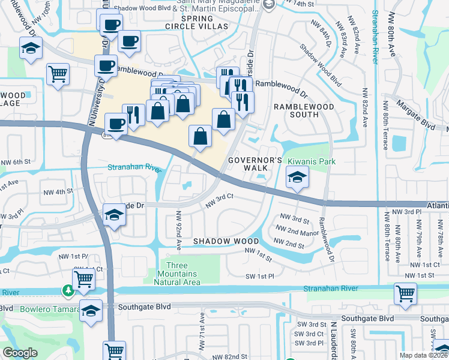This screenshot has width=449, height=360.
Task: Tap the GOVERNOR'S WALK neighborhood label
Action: [255, 164]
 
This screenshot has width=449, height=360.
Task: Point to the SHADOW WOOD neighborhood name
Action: [217, 241]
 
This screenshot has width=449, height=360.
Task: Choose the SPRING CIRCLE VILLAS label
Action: [196, 23]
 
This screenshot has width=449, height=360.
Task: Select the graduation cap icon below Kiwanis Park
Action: [297, 178]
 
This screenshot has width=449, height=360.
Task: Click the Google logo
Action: [20, 353]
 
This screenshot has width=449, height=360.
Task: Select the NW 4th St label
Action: [58, 191]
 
